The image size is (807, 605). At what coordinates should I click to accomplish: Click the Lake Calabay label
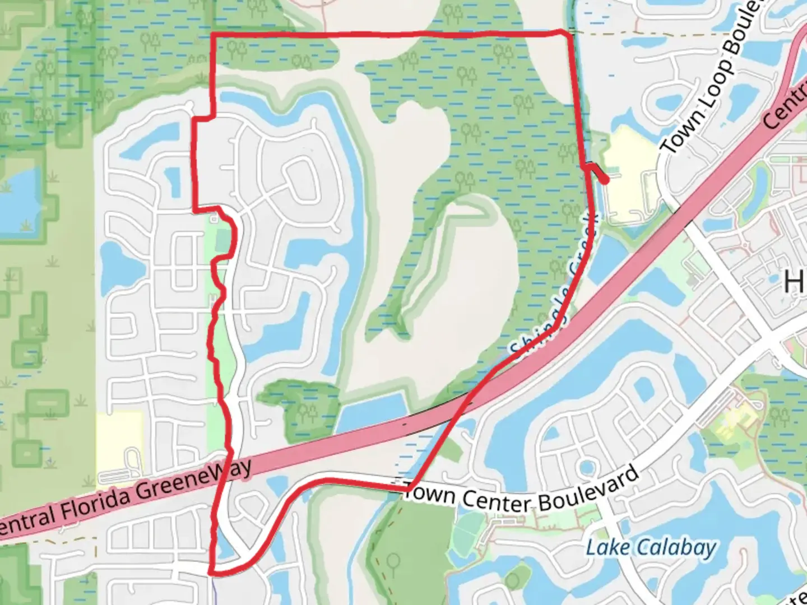click(651, 547)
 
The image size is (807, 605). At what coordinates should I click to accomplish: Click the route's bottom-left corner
click(211, 572)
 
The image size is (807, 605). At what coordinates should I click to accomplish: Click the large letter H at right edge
click(795, 282)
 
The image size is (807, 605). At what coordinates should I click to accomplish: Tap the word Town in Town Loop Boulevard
click(680, 132)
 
